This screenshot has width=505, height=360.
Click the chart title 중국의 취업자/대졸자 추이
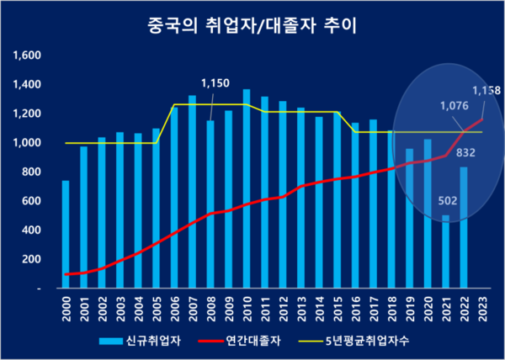point(252,26)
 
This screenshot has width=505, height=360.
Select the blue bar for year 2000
point(66,236)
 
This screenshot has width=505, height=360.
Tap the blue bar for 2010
point(246,189)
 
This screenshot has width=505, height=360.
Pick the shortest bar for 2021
point(445,252)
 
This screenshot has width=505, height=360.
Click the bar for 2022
point(464,227)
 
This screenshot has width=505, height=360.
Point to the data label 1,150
point(215,84)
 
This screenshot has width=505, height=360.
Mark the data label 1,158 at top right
point(484,89)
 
